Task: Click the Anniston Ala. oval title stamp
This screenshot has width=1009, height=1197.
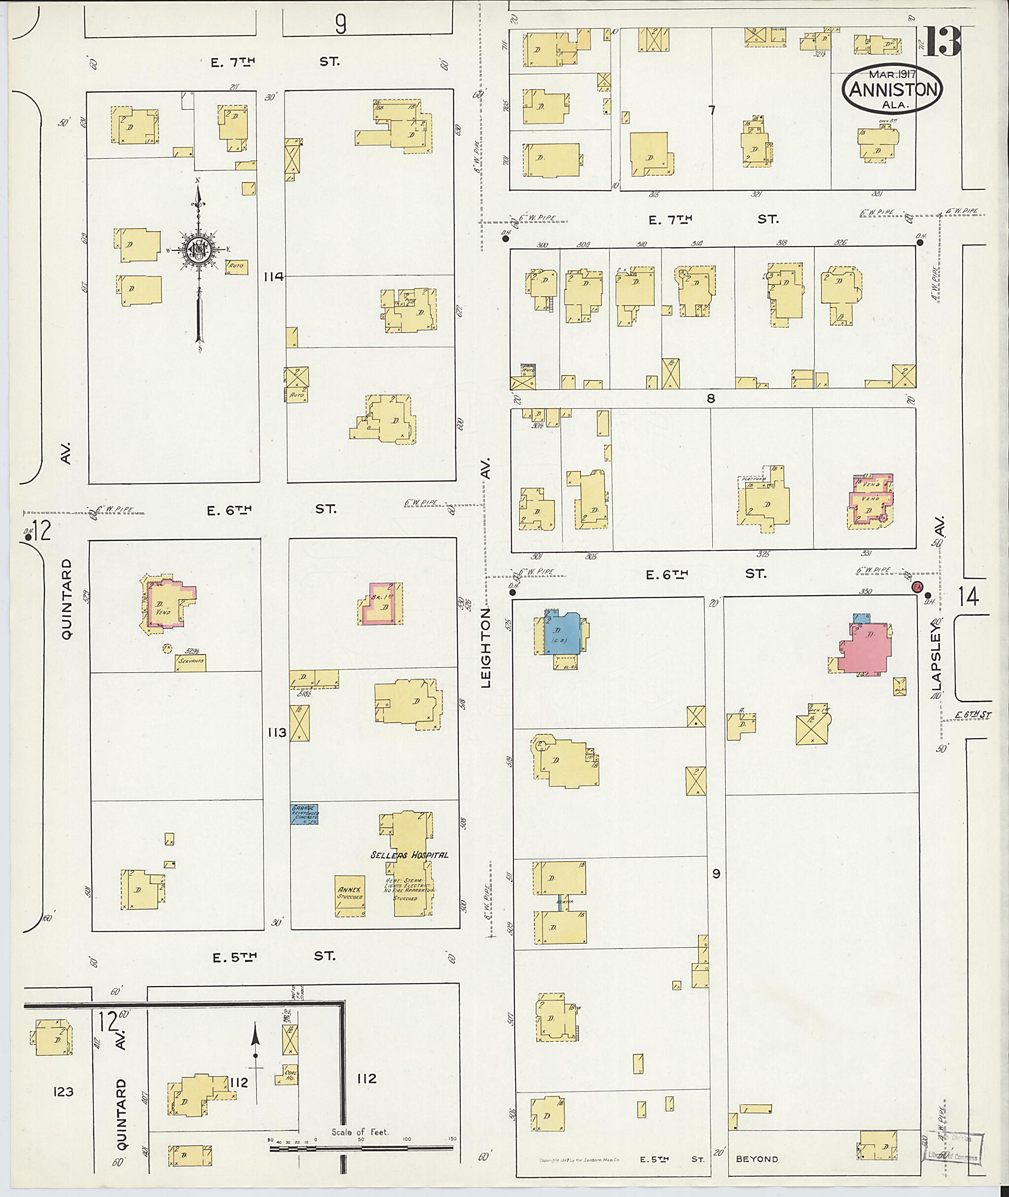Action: coord(893,89)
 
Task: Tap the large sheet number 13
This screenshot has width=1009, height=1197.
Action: coord(942,41)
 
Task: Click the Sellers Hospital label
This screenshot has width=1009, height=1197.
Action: coord(409,871)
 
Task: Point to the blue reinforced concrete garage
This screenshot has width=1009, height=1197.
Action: coord(304,814)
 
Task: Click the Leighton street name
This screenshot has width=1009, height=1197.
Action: coord(486,647)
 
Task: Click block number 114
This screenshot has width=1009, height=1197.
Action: coord(273,277)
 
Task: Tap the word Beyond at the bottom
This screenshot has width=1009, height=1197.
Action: coord(757,1159)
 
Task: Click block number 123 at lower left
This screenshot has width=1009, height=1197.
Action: coord(63,1092)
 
